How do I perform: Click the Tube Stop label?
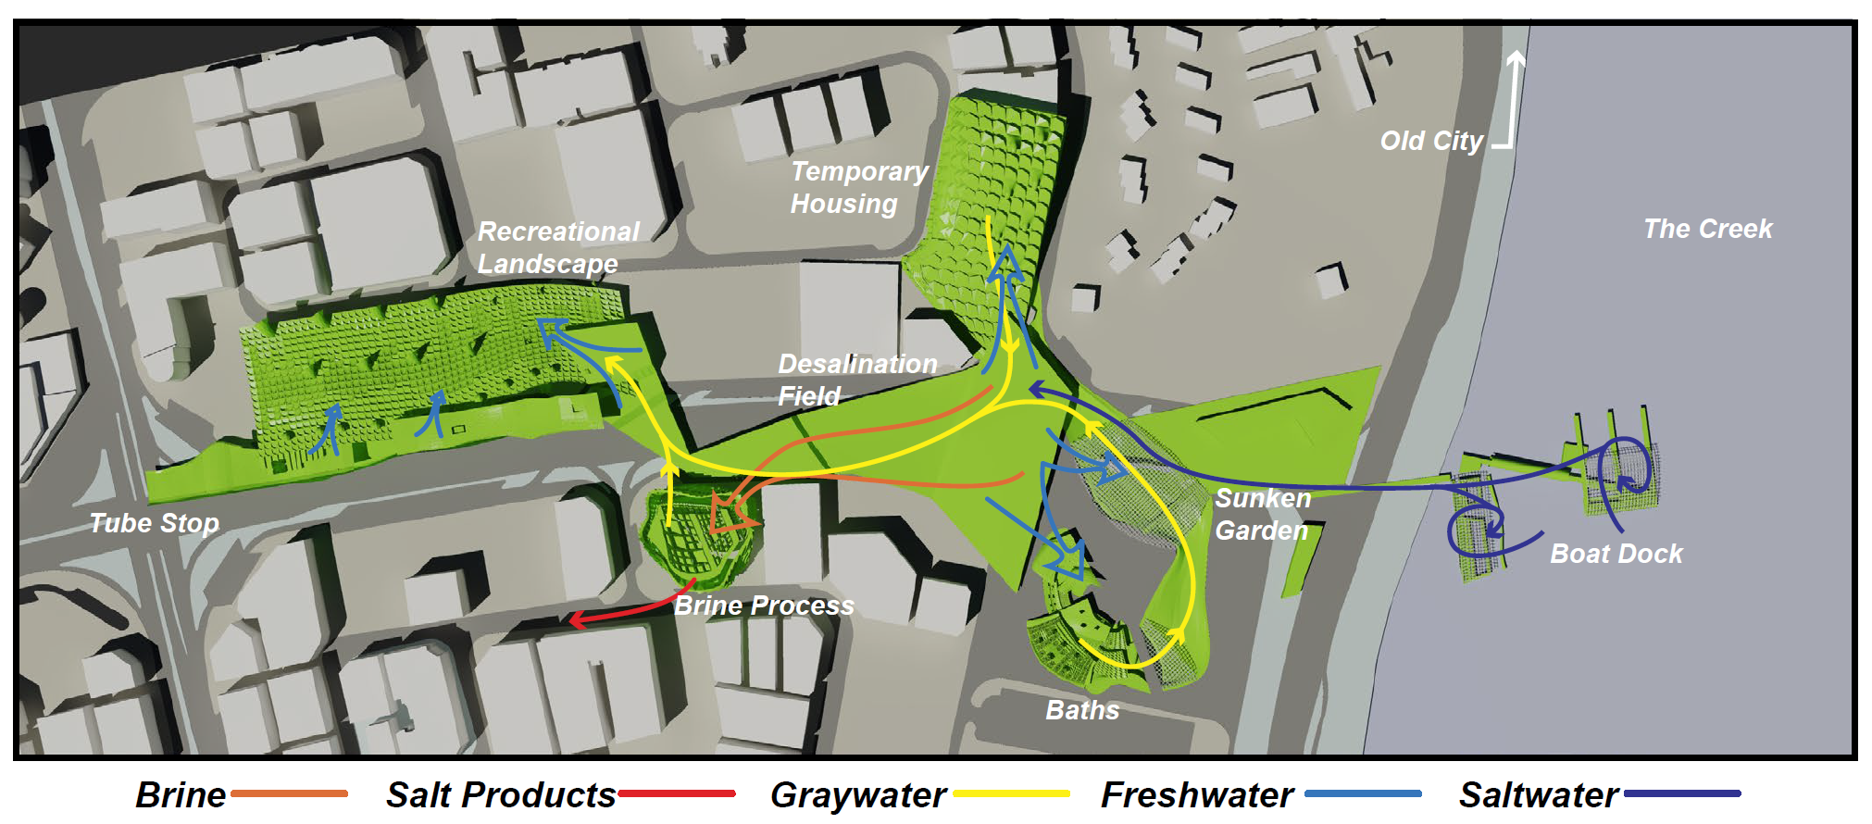click(x=154, y=523)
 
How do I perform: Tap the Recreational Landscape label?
click(x=557, y=247)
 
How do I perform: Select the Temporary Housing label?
click(x=858, y=187)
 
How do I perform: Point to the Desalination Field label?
click(x=856, y=380)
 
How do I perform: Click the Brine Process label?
click(x=764, y=606)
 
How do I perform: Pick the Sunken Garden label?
click(x=1263, y=514)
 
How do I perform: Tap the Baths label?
click(x=1082, y=710)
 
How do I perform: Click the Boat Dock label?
click(x=1616, y=554)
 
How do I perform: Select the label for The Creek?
click(x=1707, y=229)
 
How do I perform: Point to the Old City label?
click(x=1431, y=141)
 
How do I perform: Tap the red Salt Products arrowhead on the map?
click(x=576, y=619)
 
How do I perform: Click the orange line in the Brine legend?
click(x=289, y=793)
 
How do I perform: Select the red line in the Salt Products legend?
click(x=677, y=793)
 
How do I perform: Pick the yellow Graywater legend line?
click(x=1011, y=793)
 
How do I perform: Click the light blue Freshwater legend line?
click(x=1363, y=793)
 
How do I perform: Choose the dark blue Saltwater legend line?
click(x=1682, y=793)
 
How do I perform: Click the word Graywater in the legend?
click(x=858, y=795)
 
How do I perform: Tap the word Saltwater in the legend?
click(x=1539, y=795)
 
